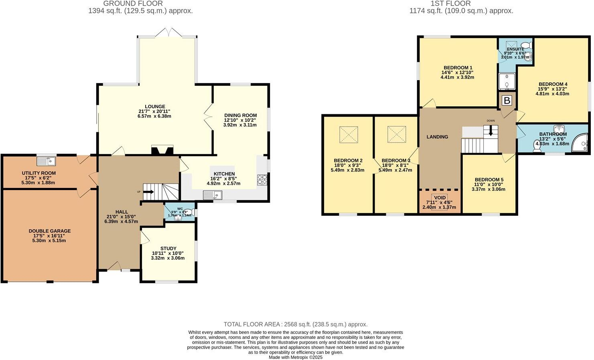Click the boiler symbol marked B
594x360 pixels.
[507, 101]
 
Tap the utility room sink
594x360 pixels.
[46, 161]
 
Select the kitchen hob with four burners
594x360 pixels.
[262, 180]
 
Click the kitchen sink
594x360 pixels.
[213, 195]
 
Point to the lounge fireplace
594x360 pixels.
[162, 150]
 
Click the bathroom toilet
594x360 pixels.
[537, 146]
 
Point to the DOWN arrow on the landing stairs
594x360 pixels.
[490, 131]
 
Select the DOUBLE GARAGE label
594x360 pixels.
[49, 231]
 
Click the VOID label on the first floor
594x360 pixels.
[440, 198]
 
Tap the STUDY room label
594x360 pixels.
[168, 249]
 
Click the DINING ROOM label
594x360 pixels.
[240, 115]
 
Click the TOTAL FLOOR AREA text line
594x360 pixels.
[295, 324]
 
